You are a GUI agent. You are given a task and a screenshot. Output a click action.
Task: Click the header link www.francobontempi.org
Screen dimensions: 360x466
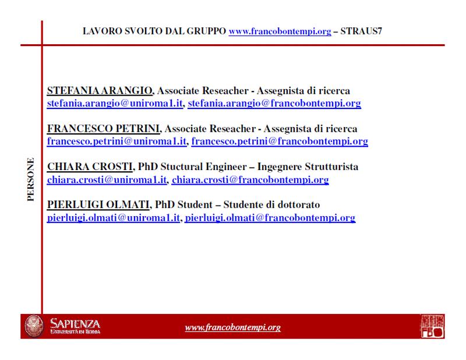(280, 31)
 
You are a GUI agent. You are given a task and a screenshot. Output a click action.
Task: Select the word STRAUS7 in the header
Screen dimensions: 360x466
(361, 31)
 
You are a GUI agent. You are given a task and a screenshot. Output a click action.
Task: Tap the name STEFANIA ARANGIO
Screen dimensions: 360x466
(100, 91)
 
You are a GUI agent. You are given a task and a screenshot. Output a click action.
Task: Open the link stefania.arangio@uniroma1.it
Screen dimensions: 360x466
(115, 104)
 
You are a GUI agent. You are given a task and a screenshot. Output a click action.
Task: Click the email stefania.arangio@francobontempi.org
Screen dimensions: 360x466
(274, 104)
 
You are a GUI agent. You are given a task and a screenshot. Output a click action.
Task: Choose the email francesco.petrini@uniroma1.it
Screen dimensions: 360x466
(117, 142)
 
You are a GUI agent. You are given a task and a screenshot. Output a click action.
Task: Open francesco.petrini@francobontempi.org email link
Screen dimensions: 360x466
(280, 142)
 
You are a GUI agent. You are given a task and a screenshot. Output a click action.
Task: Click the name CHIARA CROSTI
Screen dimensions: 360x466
(90, 167)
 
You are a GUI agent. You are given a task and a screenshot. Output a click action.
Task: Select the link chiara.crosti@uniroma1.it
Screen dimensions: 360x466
(107, 180)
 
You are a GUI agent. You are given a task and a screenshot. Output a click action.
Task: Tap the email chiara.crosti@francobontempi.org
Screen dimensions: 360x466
(250, 180)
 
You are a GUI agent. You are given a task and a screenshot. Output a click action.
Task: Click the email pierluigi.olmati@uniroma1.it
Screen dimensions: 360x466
(114, 218)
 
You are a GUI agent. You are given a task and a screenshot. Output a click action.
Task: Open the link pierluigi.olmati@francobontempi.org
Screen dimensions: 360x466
(270, 218)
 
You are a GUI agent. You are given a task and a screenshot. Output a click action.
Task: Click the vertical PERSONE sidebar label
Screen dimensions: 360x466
(31, 180)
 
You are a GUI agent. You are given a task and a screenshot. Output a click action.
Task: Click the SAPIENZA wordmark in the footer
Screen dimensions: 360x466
(75, 324)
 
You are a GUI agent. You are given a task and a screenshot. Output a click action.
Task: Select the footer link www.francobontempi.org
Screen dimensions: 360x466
(232, 327)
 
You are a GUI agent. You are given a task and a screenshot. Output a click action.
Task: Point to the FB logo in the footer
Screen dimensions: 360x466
(432, 326)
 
